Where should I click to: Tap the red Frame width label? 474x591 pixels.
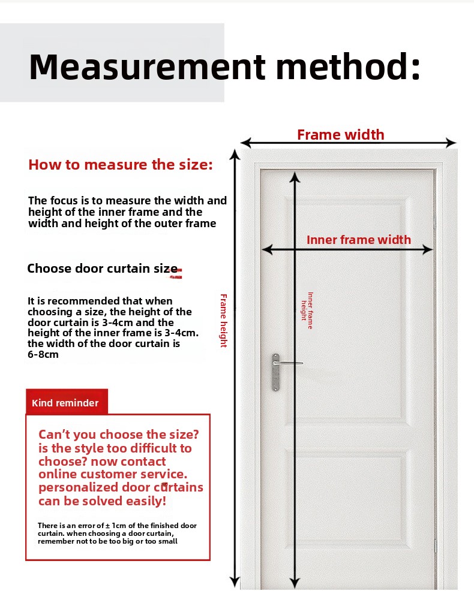[x=340, y=135]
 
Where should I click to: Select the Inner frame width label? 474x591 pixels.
[x=359, y=240]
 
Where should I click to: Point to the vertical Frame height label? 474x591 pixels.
[x=223, y=320]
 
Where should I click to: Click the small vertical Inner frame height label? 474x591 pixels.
[x=307, y=310]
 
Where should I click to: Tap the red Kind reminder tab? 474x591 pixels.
[x=66, y=403]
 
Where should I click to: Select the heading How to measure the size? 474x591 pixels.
[x=121, y=165]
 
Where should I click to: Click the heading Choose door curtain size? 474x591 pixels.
[x=103, y=269]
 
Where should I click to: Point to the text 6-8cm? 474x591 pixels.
[x=43, y=355]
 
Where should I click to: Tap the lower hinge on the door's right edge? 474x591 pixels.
[x=436, y=544]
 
